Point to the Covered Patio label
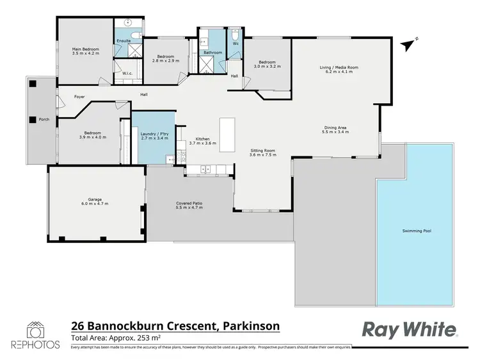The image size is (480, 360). [x=189, y=204]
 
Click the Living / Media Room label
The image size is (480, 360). [x=339, y=67]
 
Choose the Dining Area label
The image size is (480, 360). [x=336, y=127]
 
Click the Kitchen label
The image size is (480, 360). [x=202, y=139]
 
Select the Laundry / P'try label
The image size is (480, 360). [x=154, y=134]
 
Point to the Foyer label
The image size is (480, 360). [x=79, y=97]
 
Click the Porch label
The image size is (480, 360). [x=44, y=119]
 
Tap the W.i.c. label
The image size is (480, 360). [x=127, y=73]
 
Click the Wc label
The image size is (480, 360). [x=236, y=44]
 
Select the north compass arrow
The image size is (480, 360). [x=406, y=44]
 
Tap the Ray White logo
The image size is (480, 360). [x=410, y=329]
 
